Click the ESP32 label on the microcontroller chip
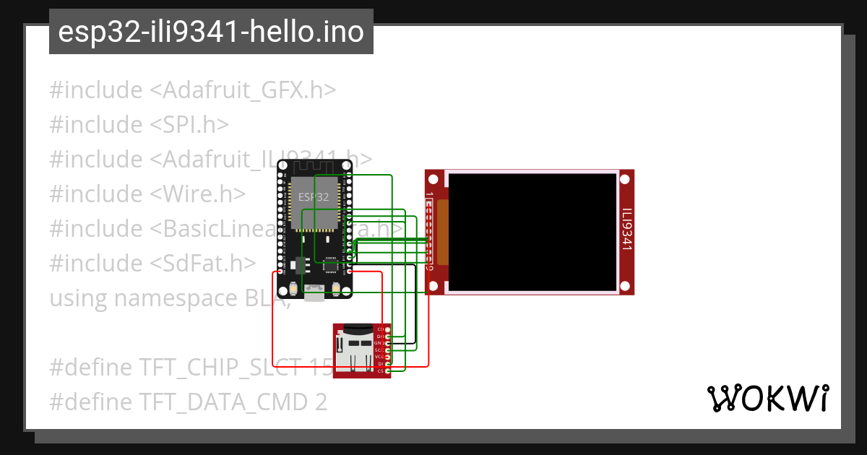coord(314,196)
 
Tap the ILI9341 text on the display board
coord(626,230)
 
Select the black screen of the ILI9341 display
coord(531,231)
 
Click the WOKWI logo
coord(767,398)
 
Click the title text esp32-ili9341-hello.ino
coord(211,32)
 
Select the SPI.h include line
coord(139,125)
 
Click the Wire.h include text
coord(147,194)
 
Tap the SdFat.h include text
coord(152,263)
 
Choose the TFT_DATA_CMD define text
coord(188,402)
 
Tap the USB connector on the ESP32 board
coord(314,292)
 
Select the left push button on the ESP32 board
coord(293,290)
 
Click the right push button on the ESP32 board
coord(336,290)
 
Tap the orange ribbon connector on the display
coord(441,231)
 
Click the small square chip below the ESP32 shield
coord(331,266)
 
